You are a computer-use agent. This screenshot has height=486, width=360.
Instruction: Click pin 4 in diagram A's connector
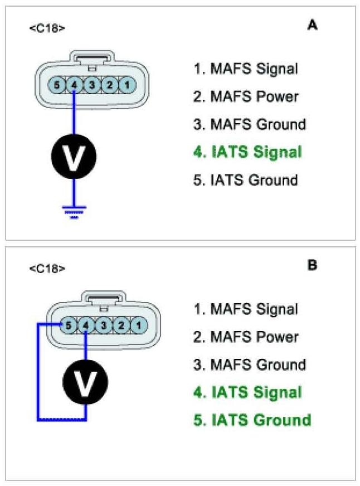tap(74, 85)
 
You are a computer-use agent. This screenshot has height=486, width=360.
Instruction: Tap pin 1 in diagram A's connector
tap(128, 85)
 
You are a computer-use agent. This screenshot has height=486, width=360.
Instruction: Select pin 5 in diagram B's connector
tap(68, 324)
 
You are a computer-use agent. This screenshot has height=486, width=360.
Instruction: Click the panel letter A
tap(312, 25)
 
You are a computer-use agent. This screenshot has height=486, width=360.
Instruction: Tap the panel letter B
tap(312, 265)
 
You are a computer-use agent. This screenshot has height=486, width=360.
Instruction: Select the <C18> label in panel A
tap(47, 27)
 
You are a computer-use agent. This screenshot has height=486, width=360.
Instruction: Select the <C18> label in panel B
tap(47, 268)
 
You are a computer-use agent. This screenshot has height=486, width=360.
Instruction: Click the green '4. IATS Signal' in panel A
tap(247, 152)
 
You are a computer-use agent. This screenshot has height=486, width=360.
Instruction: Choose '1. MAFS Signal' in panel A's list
tap(246, 69)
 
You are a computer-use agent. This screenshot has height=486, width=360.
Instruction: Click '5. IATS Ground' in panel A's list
tap(246, 180)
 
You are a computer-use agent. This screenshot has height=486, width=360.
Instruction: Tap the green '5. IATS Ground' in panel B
tap(252, 420)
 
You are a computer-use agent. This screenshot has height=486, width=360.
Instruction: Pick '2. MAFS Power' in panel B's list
tap(246, 337)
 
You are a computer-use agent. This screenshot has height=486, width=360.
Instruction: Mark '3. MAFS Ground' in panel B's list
tap(250, 365)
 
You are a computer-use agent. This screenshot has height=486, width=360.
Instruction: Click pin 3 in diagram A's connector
tap(93, 85)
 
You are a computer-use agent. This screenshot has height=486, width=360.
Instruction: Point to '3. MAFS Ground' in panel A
tap(250, 124)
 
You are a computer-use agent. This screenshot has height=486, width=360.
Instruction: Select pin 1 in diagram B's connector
tap(139, 324)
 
